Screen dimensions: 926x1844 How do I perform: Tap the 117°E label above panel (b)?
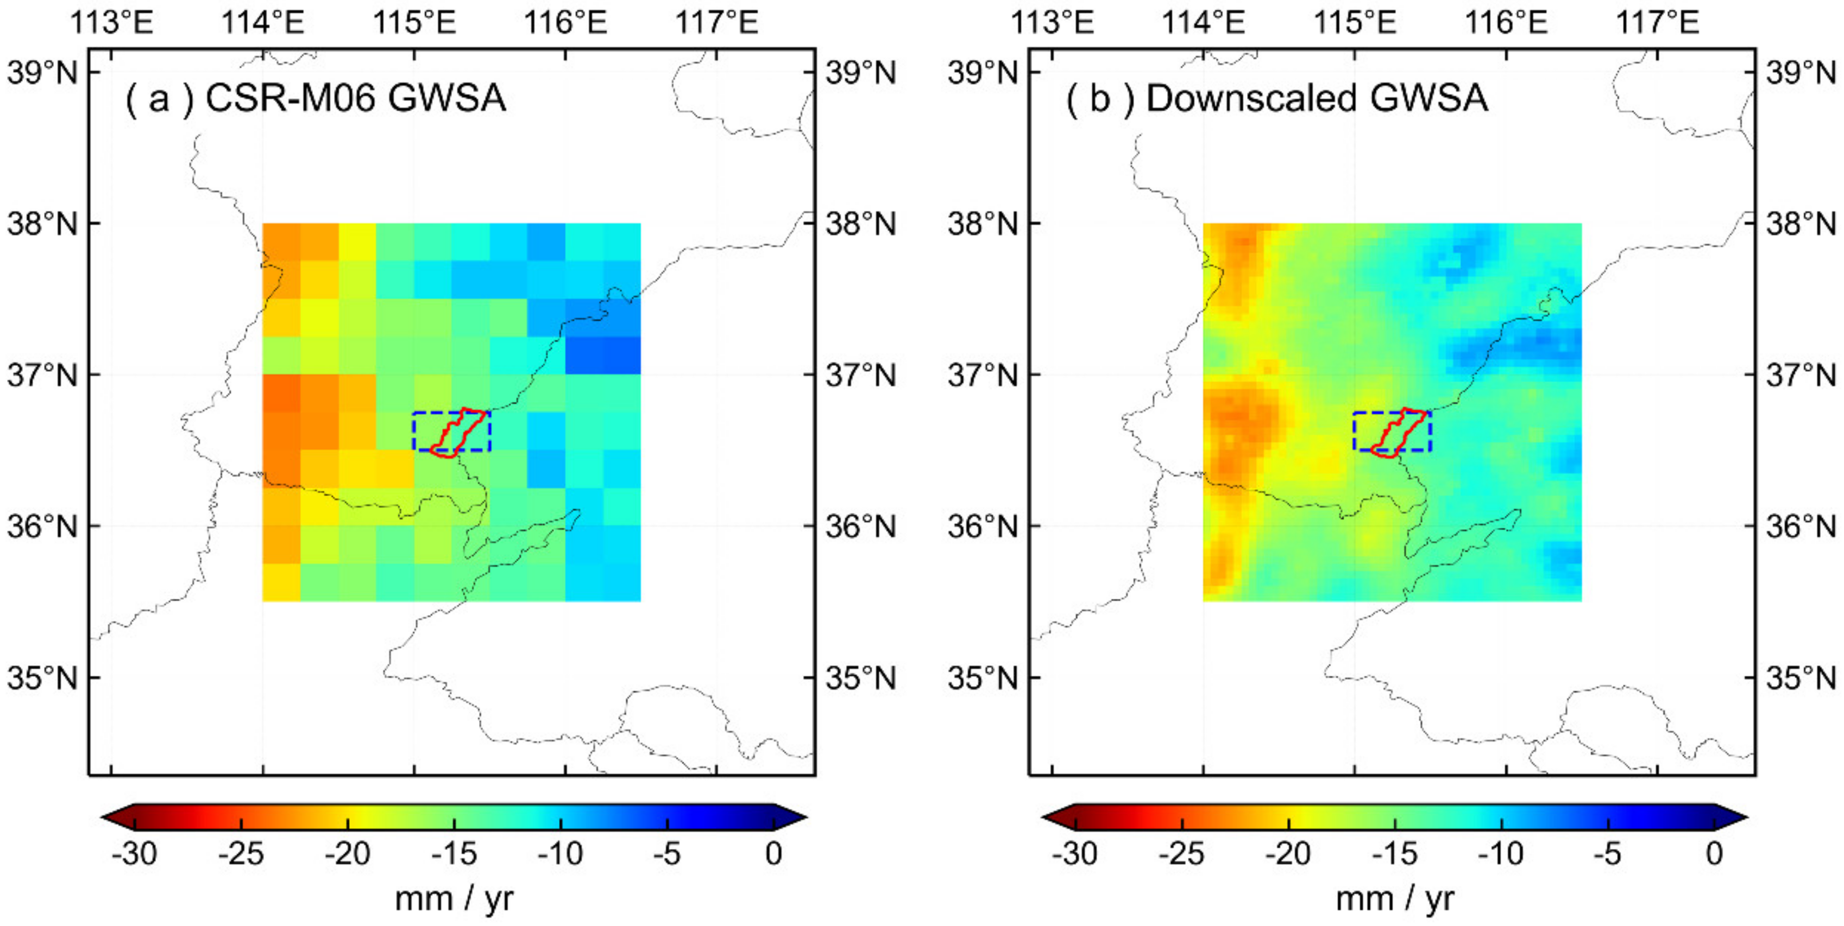(1657, 22)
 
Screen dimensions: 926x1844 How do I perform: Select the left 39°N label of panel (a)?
(41, 72)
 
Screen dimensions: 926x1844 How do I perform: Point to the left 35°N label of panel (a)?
(41, 677)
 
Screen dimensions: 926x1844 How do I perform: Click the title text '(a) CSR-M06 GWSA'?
(315, 98)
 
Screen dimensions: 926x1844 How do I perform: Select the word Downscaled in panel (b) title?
(1251, 98)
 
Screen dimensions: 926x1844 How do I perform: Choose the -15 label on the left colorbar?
(454, 853)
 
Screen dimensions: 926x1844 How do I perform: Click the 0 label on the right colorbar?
(1714, 853)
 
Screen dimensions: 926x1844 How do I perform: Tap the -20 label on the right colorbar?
(1288, 853)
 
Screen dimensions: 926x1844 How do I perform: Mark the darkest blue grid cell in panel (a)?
(603, 356)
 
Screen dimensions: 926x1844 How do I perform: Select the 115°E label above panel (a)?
(414, 22)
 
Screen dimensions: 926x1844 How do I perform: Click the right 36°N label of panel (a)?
(860, 526)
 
